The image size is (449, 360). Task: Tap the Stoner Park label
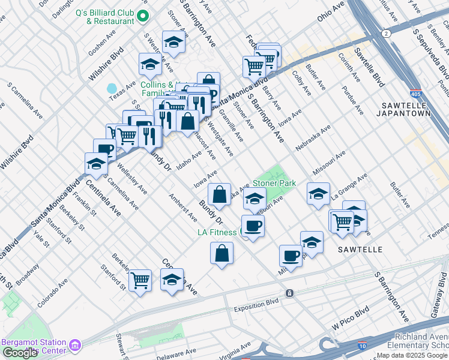click(274, 182)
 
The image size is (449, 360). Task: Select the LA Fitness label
click(217, 232)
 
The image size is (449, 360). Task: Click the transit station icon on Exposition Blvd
click(290, 293)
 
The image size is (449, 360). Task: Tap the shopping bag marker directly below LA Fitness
click(222, 253)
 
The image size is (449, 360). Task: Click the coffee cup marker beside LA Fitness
click(253, 226)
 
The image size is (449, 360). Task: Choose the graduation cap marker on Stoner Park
click(255, 198)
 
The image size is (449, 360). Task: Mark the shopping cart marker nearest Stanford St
click(140, 279)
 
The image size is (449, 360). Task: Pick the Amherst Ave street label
click(183, 208)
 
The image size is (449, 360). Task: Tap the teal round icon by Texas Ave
click(112, 89)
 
